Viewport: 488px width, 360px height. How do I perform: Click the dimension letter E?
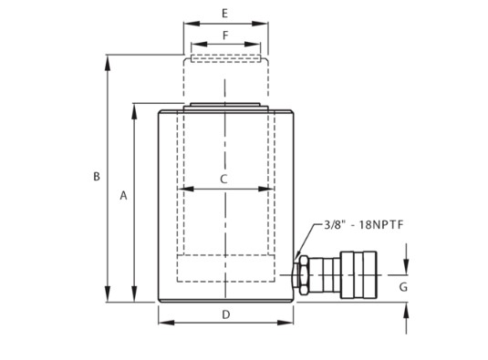(x=224, y=14)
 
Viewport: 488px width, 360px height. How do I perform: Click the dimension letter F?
(x=225, y=36)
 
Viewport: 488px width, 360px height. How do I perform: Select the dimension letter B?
(x=97, y=177)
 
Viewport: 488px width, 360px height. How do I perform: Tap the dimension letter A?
(x=123, y=196)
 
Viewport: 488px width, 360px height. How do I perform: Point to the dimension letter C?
(x=223, y=180)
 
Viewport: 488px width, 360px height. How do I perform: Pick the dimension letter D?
(x=226, y=315)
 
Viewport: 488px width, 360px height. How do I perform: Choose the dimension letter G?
(x=403, y=287)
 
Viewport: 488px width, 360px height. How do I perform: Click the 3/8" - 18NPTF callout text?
(x=364, y=224)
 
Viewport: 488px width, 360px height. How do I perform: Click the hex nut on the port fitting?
(x=303, y=275)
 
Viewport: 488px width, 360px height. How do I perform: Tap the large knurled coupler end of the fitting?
(x=358, y=275)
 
